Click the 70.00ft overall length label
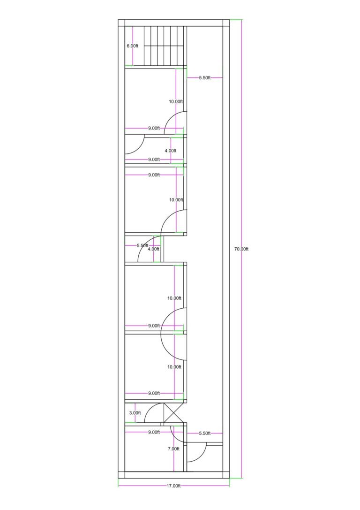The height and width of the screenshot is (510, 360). (x=241, y=249)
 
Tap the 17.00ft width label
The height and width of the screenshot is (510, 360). (x=173, y=486)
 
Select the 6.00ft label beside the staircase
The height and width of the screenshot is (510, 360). (x=132, y=46)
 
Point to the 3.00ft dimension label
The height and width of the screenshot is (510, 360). (x=135, y=413)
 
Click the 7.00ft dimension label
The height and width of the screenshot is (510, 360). (x=173, y=449)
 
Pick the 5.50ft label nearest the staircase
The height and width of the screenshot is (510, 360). (x=205, y=78)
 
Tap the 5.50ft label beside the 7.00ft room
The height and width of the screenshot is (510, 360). (x=205, y=433)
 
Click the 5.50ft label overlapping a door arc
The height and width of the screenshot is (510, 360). (x=142, y=245)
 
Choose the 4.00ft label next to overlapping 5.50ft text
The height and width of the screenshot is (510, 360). (x=153, y=249)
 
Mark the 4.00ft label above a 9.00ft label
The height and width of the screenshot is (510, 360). (x=171, y=151)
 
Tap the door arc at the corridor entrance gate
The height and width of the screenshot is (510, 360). (x=196, y=452)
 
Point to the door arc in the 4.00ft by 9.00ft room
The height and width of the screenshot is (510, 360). (x=135, y=144)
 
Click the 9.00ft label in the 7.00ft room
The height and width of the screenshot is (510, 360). (x=154, y=432)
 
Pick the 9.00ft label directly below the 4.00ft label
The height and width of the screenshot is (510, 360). (x=154, y=160)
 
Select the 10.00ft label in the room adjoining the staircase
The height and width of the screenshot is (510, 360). (x=176, y=101)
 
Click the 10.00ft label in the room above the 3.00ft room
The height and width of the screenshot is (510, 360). (x=174, y=367)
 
